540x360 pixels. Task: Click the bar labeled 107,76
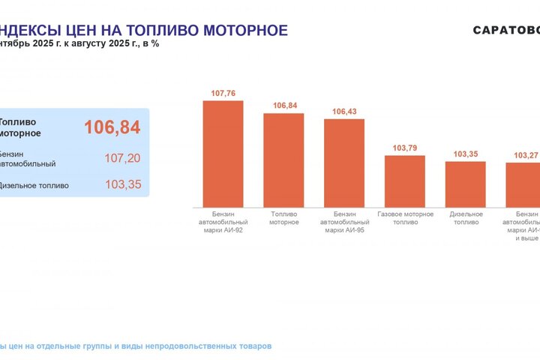coord(223,154)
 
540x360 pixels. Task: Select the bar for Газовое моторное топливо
coord(405,181)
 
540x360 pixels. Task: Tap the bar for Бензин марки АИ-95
coord(344,163)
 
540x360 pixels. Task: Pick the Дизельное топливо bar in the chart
coord(466,184)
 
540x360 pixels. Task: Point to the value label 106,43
coord(344,112)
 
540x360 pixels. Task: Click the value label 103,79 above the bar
coord(405,148)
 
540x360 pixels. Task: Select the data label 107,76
coord(223,94)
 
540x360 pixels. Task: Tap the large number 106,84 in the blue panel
coord(112,127)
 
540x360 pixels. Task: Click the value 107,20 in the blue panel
coord(122,158)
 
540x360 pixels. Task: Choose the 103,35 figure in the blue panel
coord(122,184)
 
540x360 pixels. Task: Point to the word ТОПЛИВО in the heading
coord(157,30)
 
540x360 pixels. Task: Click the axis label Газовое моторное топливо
coord(405,218)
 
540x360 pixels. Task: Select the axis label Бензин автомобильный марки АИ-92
coord(223,222)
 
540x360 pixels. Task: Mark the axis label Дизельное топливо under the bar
coord(466,218)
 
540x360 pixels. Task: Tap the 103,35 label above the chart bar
coord(466,154)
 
